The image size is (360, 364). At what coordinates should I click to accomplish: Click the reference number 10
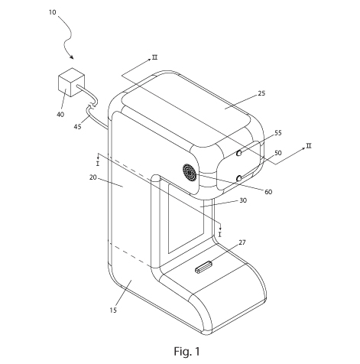click(x=52, y=12)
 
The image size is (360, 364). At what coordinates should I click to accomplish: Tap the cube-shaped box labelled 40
click(x=71, y=82)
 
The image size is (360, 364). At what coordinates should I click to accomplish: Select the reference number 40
click(x=60, y=115)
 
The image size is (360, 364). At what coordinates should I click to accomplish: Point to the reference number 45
click(x=77, y=126)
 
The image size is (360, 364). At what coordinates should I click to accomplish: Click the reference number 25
click(x=261, y=93)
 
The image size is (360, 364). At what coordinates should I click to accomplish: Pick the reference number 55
click(x=278, y=133)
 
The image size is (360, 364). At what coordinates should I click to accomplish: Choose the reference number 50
click(x=278, y=153)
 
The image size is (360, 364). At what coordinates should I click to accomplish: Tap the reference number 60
click(x=268, y=192)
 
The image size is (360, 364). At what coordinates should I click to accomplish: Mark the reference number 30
click(x=243, y=200)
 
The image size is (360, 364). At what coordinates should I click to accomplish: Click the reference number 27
click(x=242, y=242)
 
